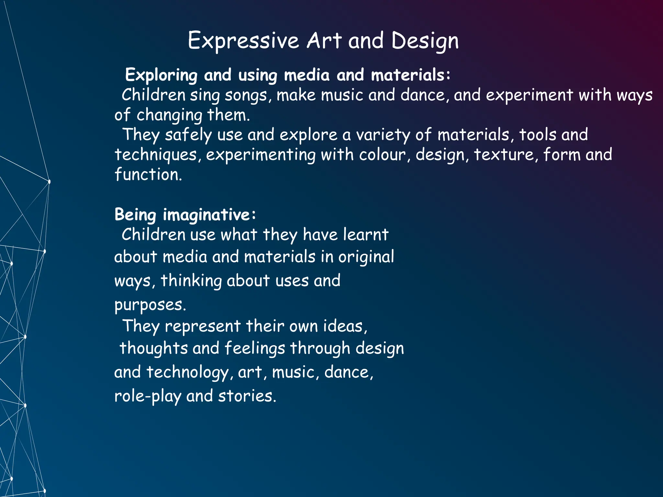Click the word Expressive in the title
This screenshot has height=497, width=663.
(x=243, y=41)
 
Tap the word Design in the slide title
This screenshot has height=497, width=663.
(x=425, y=41)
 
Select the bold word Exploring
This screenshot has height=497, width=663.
(x=161, y=75)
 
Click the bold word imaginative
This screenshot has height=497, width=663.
(x=206, y=215)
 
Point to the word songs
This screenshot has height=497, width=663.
(x=246, y=95)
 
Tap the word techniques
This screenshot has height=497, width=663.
(x=156, y=155)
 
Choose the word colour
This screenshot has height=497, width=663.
(x=382, y=155)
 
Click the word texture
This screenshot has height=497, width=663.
(x=504, y=155)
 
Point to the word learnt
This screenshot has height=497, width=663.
(x=365, y=235)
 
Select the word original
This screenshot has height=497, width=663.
(x=366, y=257)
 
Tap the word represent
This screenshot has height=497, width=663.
(x=202, y=326)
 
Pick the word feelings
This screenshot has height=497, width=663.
(x=254, y=348)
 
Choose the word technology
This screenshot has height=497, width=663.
(x=187, y=372)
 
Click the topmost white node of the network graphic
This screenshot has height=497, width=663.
(x=49, y=182)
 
